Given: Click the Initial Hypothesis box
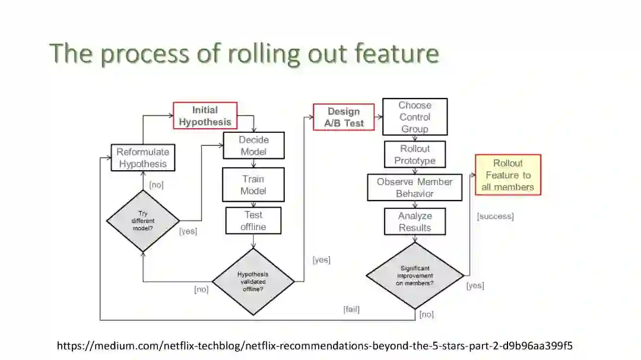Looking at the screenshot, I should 205,116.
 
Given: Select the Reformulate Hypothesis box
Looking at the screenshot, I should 143,158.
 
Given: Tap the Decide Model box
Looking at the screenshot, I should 253,146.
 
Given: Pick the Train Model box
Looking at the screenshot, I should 253,185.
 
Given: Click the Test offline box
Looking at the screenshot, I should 253,221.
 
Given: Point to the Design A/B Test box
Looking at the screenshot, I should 344,117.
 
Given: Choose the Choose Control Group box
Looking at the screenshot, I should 415,117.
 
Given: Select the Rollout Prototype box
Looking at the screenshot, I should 415,155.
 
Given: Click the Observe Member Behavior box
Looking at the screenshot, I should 415,187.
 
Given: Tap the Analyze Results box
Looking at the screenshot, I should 415,222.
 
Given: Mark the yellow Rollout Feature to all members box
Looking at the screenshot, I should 508,175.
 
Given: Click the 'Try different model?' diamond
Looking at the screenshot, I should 143,221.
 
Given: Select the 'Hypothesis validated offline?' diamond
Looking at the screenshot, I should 253,281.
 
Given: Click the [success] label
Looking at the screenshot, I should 495,216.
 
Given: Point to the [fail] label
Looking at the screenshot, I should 351,309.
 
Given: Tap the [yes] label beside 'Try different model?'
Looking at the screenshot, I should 188,231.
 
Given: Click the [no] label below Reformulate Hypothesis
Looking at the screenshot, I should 156,184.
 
